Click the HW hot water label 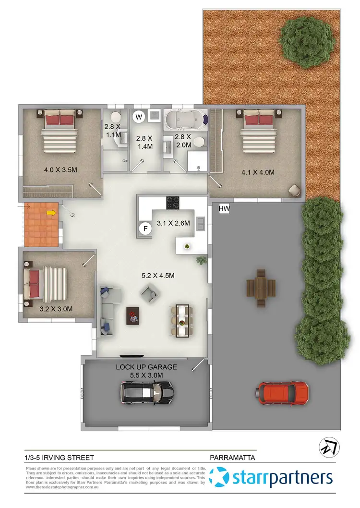225,209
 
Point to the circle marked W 139,116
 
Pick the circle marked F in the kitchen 144,229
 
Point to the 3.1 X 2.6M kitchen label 174,223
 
